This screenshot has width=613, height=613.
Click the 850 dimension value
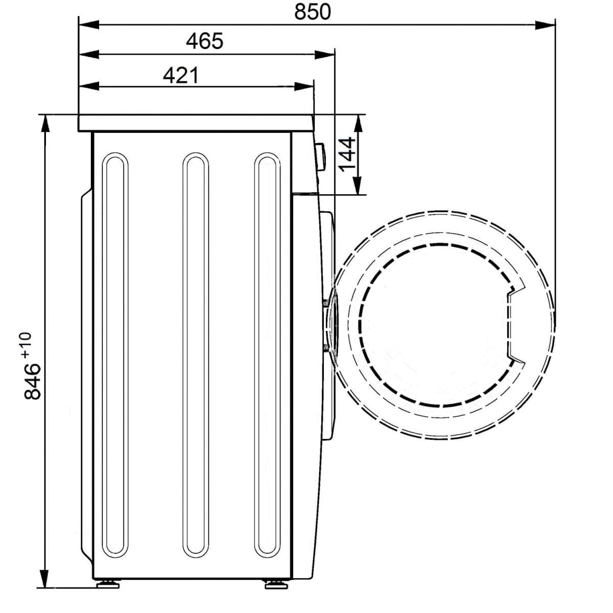pyautogui.click(x=313, y=12)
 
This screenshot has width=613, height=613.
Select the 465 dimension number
pyautogui.click(x=204, y=41)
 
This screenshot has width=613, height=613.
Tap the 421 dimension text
pyautogui.click(x=181, y=76)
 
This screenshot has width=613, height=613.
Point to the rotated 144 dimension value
pyautogui.click(x=346, y=154)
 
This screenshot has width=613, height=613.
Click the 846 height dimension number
pyautogui.click(x=33, y=381)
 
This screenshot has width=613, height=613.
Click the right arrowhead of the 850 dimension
pyautogui.click(x=545, y=25)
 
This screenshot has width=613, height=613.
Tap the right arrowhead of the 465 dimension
pyautogui.click(x=325, y=55)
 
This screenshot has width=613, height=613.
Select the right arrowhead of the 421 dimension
pyautogui.click(x=304, y=86)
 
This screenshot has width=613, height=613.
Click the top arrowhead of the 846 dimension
pyautogui.click(x=46, y=125)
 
